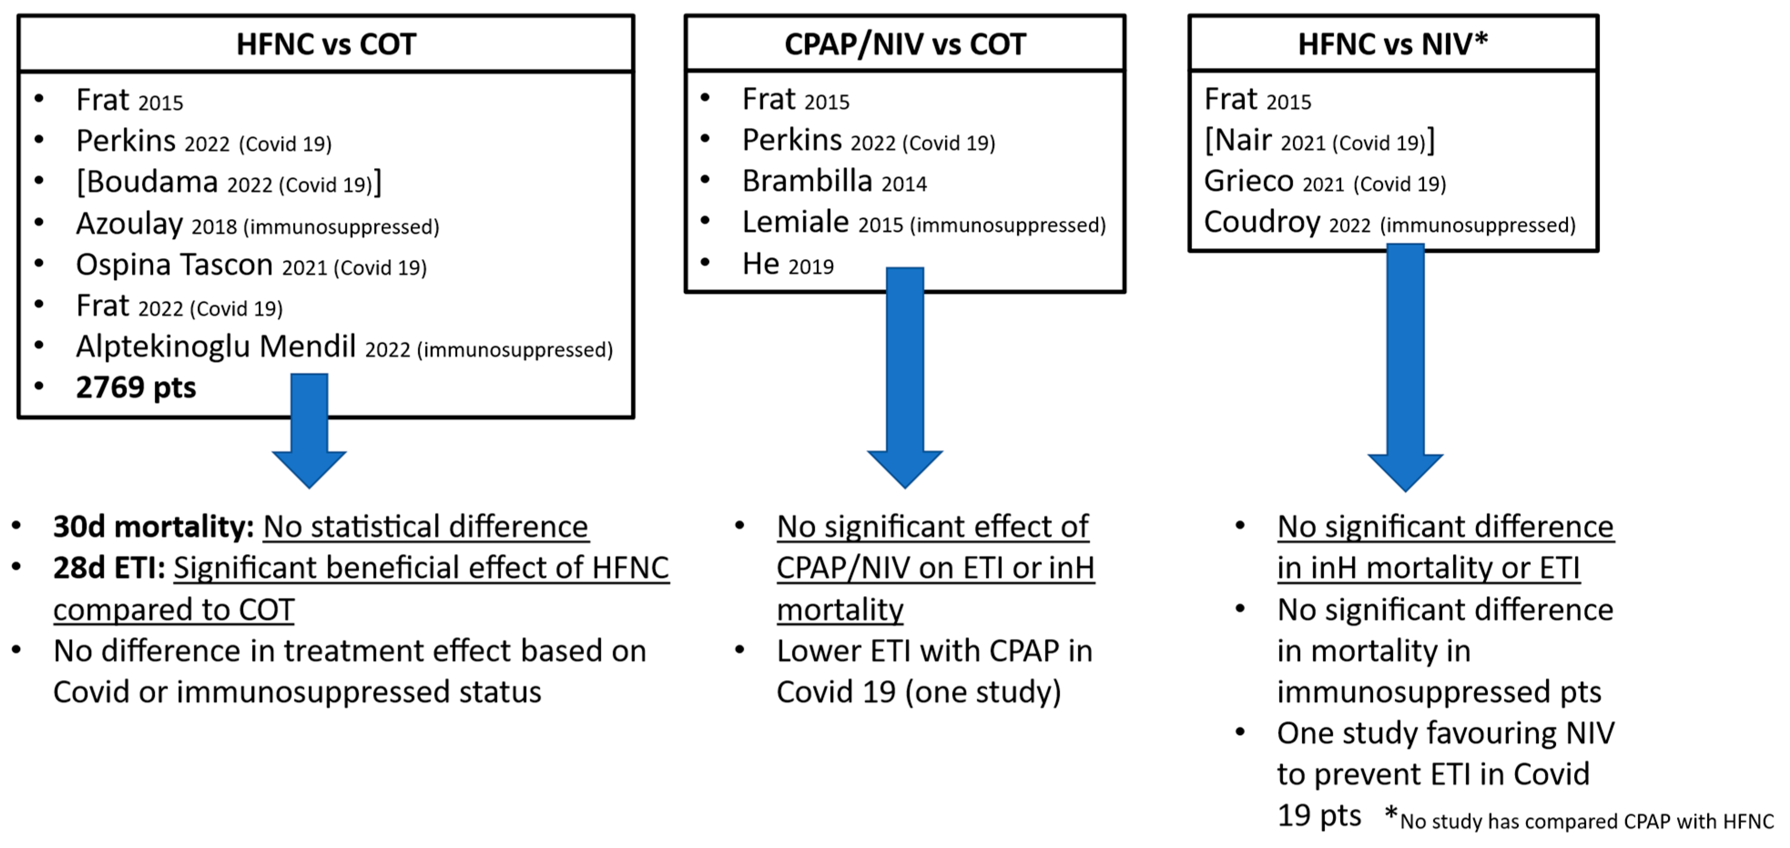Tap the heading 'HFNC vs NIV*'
tap(1393, 44)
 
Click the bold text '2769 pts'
tap(136, 387)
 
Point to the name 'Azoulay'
tap(129, 224)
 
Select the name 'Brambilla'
tap(807, 181)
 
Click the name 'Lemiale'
tap(796, 222)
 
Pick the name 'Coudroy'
tap(1262, 222)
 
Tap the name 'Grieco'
tap(1249, 181)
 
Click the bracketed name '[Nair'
tap(1238, 140)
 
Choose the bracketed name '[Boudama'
tap(147, 182)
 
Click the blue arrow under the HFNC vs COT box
tap(309, 431)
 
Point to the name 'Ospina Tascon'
tap(174, 265)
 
